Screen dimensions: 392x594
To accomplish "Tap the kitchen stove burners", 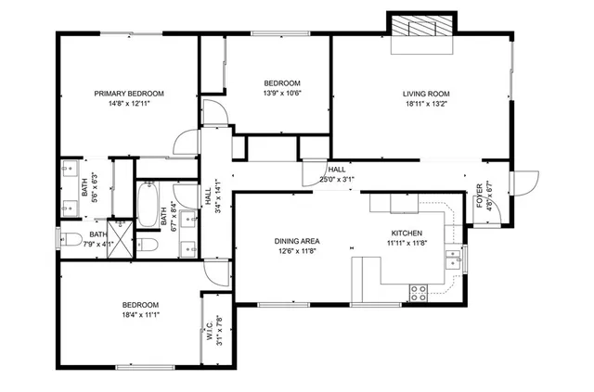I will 419,293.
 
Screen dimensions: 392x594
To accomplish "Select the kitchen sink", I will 453,258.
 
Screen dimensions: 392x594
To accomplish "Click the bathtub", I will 148,205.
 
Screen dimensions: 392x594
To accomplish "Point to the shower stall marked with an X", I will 120,231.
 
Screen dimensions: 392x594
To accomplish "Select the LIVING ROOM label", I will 426,94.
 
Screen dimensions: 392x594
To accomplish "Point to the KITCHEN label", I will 406,234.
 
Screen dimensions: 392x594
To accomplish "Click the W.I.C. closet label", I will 210,331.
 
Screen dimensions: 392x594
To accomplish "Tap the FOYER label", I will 480,197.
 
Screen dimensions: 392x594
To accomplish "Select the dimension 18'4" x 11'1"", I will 140,316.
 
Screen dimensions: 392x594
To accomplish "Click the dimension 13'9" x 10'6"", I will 282,93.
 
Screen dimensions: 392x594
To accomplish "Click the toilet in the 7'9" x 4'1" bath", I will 71,240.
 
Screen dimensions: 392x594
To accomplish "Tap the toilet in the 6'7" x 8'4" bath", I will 148,246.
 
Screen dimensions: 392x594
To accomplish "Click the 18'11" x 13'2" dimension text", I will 426,105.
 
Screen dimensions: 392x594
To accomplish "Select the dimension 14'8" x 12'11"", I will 129,105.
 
